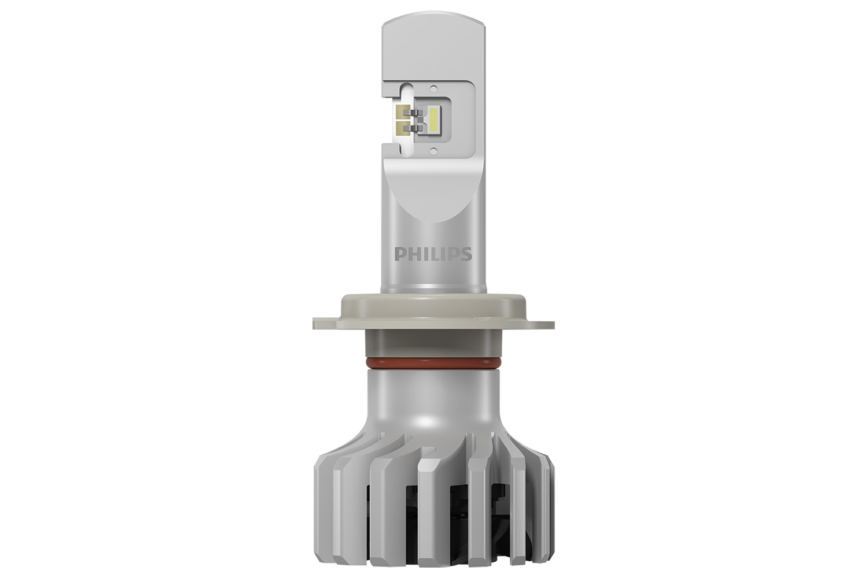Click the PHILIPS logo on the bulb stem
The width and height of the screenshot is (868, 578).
433,254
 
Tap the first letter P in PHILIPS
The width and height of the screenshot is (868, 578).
399,254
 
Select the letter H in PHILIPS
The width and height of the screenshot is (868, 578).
412,254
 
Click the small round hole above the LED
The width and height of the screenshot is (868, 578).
434,88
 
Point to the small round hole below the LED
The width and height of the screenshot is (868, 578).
434,149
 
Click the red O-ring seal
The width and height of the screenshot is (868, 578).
433,364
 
